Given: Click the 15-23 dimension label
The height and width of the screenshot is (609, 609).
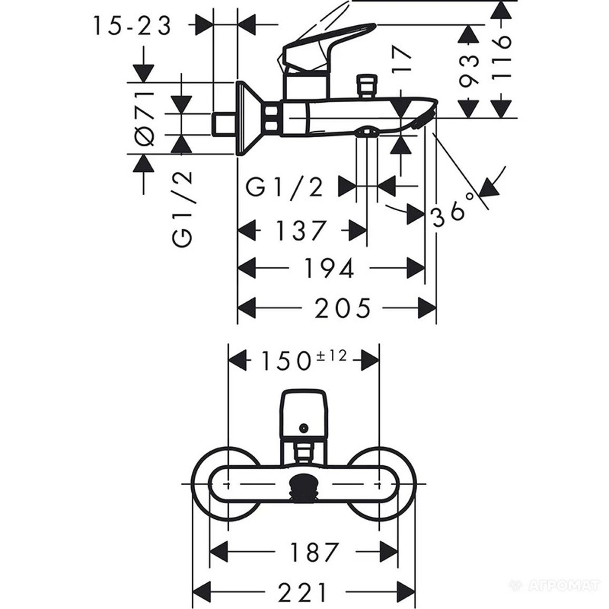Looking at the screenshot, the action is click(132, 26).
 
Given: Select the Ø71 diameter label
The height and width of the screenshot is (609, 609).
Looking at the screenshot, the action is click(144, 118).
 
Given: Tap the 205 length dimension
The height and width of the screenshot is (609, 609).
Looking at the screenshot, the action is click(342, 308).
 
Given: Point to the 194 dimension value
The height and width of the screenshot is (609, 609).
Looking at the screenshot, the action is click(329, 268).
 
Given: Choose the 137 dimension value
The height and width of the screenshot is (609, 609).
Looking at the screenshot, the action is click(300, 230).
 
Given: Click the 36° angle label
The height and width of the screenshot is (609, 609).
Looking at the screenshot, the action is click(453, 210).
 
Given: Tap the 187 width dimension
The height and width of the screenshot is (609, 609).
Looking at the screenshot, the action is click(314, 552).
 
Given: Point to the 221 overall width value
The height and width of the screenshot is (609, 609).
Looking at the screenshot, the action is click(303, 592).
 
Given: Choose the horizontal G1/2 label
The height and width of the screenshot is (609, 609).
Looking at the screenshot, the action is click(284, 188).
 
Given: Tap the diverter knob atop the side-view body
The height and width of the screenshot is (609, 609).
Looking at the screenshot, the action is click(367, 86).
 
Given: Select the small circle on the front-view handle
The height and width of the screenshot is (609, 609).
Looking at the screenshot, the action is click(304, 428).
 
